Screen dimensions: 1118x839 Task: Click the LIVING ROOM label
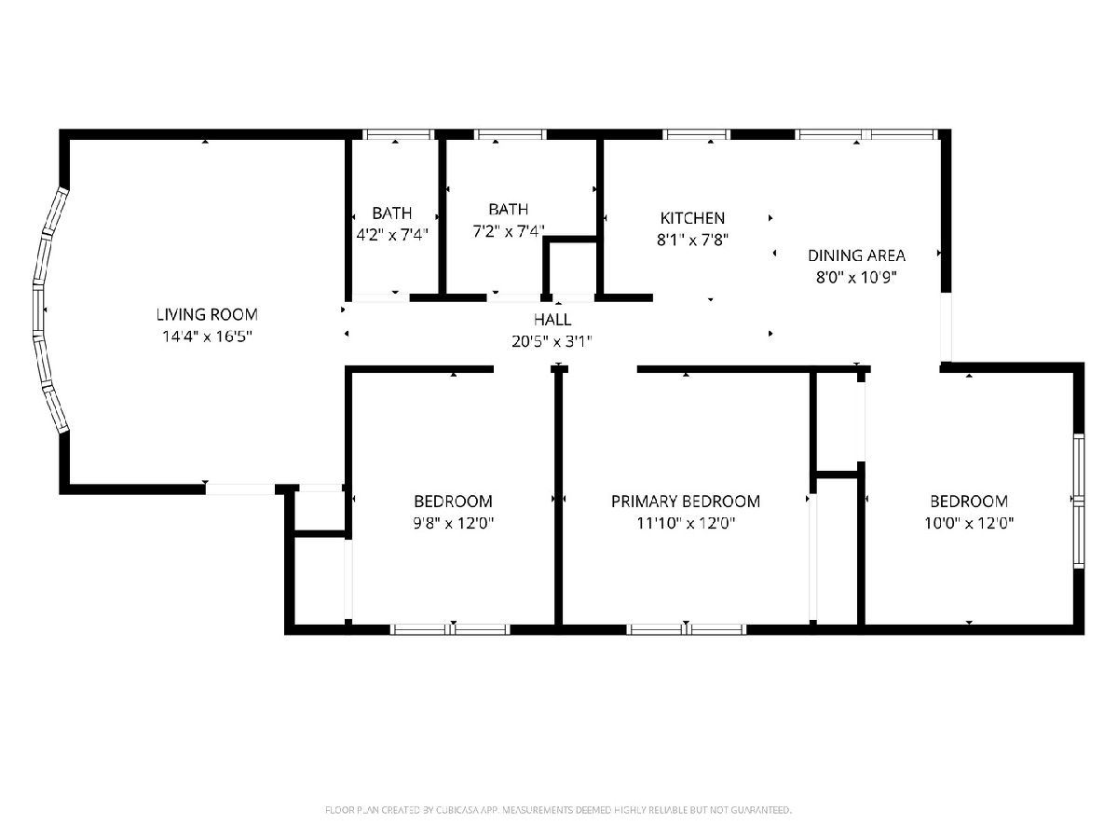pyautogui.click(x=207, y=315)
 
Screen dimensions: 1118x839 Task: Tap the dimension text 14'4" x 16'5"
pyautogui.click(x=208, y=337)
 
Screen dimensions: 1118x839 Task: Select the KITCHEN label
pyautogui.click(x=692, y=218)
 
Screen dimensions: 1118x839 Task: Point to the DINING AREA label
pyautogui.click(x=857, y=255)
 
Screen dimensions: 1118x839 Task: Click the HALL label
pyautogui.click(x=552, y=320)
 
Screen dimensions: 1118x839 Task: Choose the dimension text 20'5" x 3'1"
pyautogui.click(x=552, y=341)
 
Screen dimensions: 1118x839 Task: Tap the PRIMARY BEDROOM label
pyautogui.click(x=686, y=502)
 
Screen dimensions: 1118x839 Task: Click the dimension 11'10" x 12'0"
pyautogui.click(x=686, y=523)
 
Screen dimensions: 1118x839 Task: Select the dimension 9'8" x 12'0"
pyautogui.click(x=454, y=523)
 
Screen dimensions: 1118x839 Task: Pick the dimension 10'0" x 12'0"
pyautogui.click(x=969, y=523)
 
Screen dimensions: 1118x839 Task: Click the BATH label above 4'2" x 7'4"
pyautogui.click(x=391, y=213)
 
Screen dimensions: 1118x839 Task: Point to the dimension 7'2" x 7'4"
pyautogui.click(x=509, y=232)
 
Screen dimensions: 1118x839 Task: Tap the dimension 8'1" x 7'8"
pyautogui.click(x=692, y=240)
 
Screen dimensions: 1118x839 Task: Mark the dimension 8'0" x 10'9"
pyautogui.click(x=857, y=278)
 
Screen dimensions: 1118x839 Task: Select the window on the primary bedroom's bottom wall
pyautogui.click(x=686, y=629)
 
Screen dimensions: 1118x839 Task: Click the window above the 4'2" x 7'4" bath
pyautogui.click(x=398, y=134)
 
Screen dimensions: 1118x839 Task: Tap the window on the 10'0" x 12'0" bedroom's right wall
pyautogui.click(x=1079, y=502)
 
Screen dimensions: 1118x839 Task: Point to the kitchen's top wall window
pyautogui.click(x=696, y=134)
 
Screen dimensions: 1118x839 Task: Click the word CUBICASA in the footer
pyautogui.click(x=457, y=810)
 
